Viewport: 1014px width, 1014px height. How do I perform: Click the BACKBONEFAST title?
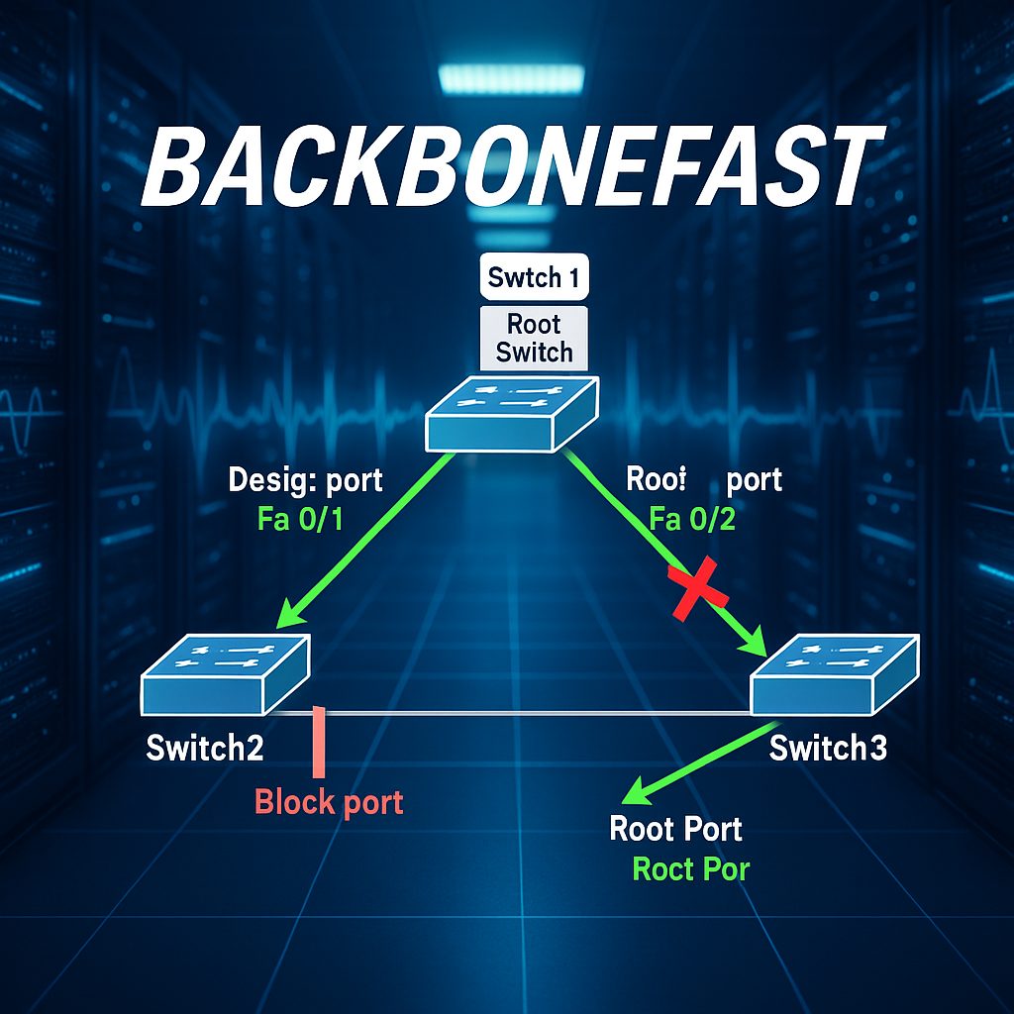(507, 168)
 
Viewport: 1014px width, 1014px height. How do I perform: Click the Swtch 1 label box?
(535, 278)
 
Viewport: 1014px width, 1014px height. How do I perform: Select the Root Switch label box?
(535, 338)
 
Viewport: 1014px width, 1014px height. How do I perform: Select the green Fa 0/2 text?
(692, 519)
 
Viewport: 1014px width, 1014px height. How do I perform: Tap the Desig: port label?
(305, 481)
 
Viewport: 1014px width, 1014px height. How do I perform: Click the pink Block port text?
(329, 801)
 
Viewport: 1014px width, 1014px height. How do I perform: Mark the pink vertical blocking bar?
(318, 742)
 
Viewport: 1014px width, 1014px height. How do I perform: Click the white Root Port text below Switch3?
(675, 828)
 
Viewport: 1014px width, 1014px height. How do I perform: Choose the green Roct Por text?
(690, 869)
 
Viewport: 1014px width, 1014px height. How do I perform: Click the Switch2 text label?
(205, 748)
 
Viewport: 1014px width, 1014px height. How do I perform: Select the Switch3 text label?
(828, 748)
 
